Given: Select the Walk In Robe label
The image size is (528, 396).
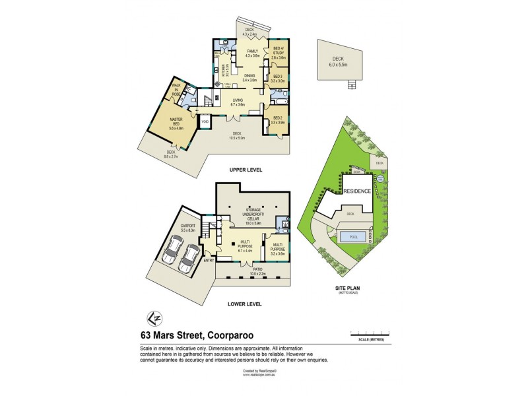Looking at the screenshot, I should coord(176,89).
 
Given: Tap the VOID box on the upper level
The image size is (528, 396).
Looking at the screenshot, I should coord(205,122).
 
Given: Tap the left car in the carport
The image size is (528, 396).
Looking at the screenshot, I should coord(174,251).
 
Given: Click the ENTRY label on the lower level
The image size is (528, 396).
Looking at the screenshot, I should coord(209,260).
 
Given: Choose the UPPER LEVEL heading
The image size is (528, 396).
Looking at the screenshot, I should coord(246,170).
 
